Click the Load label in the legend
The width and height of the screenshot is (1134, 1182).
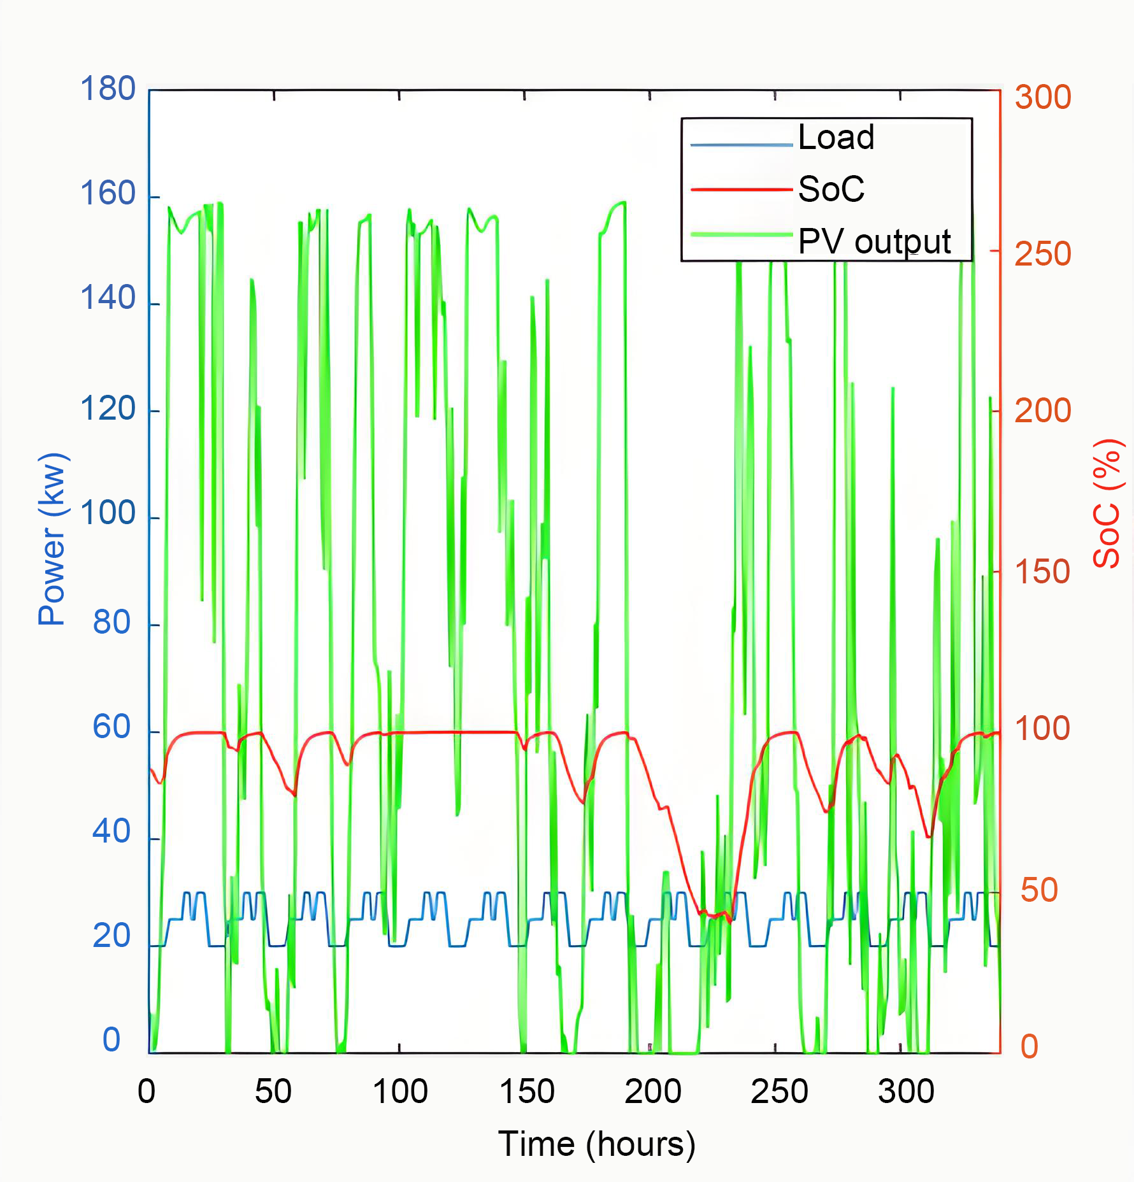(x=836, y=138)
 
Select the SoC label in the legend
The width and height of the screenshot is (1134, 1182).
(x=831, y=189)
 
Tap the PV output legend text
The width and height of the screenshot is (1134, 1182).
(x=874, y=242)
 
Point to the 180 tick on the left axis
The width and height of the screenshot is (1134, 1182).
(x=108, y=89)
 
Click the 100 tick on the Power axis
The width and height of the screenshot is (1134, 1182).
(x=108, y=513)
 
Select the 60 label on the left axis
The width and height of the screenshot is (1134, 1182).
(x=111, y=727)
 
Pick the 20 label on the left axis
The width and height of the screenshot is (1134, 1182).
(x=111, y=936)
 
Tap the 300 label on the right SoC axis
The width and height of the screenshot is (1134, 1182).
(x=1042, y=97)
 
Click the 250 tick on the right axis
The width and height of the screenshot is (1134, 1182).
(x=1042, y=254)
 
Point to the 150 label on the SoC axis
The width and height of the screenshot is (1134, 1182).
(x=1042, y=572)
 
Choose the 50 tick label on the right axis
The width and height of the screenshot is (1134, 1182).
(x=1038, y=890)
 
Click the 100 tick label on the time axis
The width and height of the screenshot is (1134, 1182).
(x=399, y=1091)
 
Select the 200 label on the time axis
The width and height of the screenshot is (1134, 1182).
(x=652, y=1091)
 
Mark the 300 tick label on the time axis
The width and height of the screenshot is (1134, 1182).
(x=905, y=1091)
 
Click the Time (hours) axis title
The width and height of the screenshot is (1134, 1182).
(x=596, y=1144)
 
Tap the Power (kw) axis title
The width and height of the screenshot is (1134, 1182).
(x=52, y=539)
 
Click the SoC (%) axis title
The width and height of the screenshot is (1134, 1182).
(x=1108, y=503)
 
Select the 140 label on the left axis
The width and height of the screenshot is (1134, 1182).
(x=108, y=298)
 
